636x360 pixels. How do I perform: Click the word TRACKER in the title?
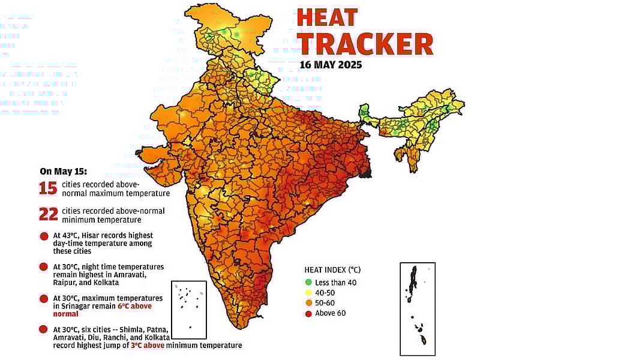tap(365, 44)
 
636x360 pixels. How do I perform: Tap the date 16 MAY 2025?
tap(331, 65)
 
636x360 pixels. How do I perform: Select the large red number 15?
tap(48, 189)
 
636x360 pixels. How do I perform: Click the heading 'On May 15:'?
tap(63, 171)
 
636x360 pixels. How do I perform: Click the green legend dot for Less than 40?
tap(308, 282)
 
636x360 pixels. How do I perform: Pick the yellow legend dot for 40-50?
tap(308, 292)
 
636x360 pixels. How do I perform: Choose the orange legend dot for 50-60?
tap(308, 302)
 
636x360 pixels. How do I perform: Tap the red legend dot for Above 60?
tap(308, 313)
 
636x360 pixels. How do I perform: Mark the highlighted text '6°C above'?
tap(135, 306)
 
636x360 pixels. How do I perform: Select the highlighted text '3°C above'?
tap(165, 346)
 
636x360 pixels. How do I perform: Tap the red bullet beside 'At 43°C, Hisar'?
tap(44, 236)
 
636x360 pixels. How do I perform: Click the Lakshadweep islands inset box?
tap(188, 310)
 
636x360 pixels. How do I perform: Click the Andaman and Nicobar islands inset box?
tap(417, 308)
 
